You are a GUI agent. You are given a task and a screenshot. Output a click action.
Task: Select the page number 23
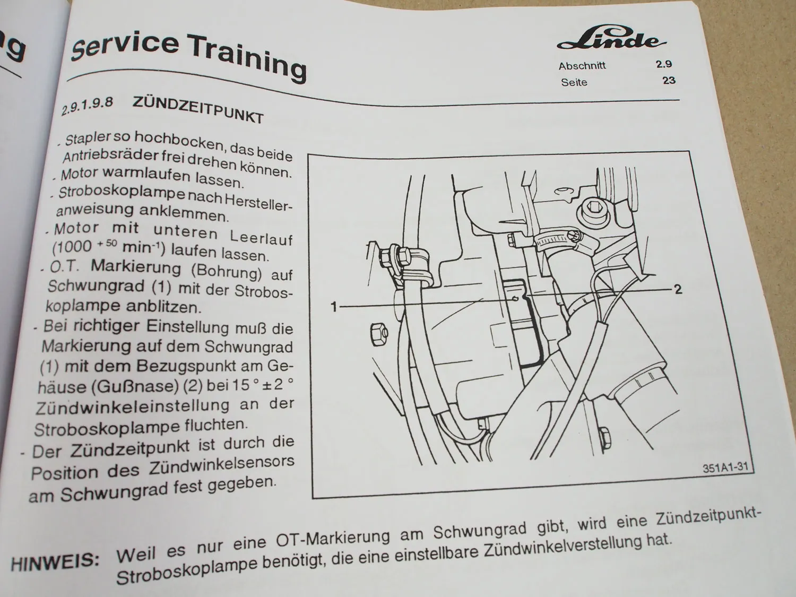(x=668, y=81)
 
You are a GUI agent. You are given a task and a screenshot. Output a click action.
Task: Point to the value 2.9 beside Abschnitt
(x=663, y=64)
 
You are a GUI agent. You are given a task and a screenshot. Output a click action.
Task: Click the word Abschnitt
(x=582, y=66)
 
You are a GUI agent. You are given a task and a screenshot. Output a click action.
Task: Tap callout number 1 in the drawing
(x=334, y=307)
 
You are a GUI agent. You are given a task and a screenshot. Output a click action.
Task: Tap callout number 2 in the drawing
(x=678, y=290)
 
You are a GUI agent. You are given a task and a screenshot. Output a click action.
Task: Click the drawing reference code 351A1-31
(x=725, y=468)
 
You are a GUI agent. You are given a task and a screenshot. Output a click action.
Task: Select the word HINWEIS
(x=54, y=561)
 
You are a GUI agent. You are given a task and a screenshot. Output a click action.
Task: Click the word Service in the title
(x=125, y=45)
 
